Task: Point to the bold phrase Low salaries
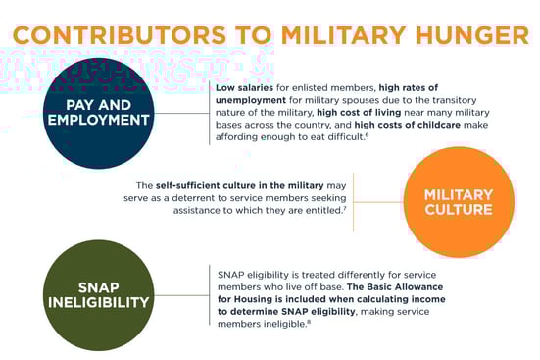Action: click(242, 88)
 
